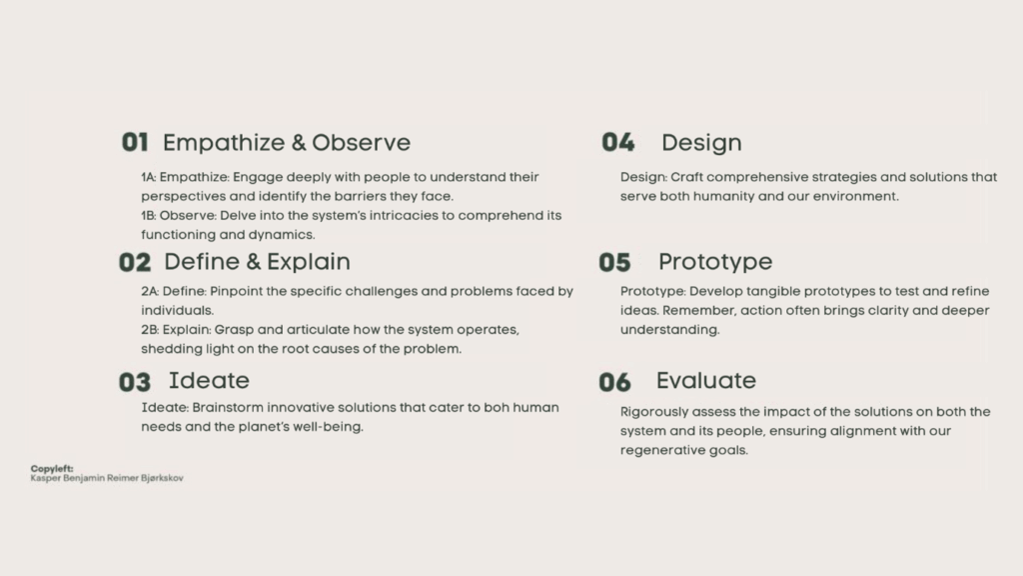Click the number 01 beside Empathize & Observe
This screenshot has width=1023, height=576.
[x=135, y=142]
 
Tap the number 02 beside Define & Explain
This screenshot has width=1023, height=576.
[x=135, y=263]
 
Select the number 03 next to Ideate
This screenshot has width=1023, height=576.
[x=135, y=382]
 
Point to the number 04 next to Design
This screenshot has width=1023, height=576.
[x=617, y=142]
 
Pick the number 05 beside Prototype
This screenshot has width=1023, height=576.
[x=615, y=263]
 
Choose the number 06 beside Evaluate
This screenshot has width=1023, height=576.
[x=615, y=382]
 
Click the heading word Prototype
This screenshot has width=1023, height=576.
[x=715, y=263]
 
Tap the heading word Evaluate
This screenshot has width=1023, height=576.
[x=706, y=380]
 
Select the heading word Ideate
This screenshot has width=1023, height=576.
[x=209, y=380]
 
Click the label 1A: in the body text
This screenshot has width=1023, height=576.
[x=149, y=177]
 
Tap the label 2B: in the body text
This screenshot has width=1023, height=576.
[x=150, y=330]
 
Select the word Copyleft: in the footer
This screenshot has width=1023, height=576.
[x=52, y=468]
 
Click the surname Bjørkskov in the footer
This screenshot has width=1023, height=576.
[x=162, y=478]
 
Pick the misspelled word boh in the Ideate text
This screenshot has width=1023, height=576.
[x=496, y=408]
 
